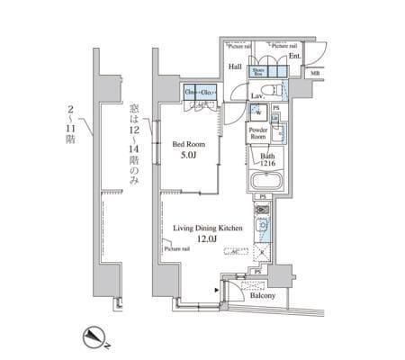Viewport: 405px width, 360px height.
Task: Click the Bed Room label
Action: click(x=191, y=143)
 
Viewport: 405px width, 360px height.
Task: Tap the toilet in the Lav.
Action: click(x=274, y=89)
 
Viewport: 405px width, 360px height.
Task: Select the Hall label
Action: click(x=235, y=66)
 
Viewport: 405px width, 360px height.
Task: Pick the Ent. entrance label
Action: click(x=294, y=56)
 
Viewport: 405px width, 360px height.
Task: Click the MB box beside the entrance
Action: click(x=313, y=74)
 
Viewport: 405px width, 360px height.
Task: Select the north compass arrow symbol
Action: click(x=93, y=337)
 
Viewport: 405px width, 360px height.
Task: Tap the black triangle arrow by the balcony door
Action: click(x=220, y=290)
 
